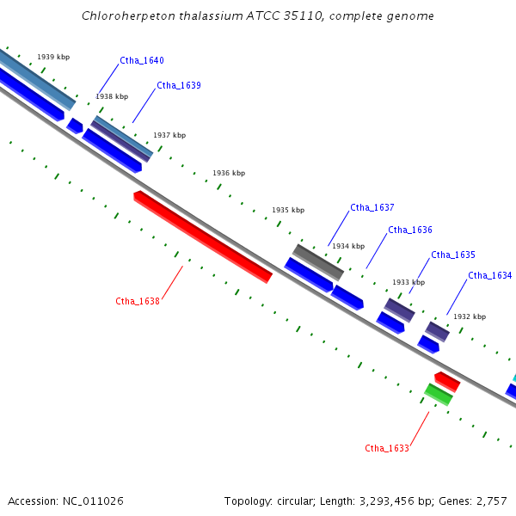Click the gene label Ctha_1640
[142, 60]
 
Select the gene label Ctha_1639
[179, 85]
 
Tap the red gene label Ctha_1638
[138, 301]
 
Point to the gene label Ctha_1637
[372, 207]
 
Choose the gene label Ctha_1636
[410, 230]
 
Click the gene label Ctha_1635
[453, 255]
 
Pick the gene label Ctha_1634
[490, 275]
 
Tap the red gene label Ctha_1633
[387, 448]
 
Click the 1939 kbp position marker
[53, 57]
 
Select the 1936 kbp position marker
[229, 173]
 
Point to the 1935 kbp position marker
[288, 210]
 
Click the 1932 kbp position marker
[470, 316]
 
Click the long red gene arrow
[203, 236]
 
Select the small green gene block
[439, 395]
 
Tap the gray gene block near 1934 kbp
[318, 262]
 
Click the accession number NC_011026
[93, 501]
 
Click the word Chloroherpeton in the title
[129, 16]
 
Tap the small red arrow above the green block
[447, 382]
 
